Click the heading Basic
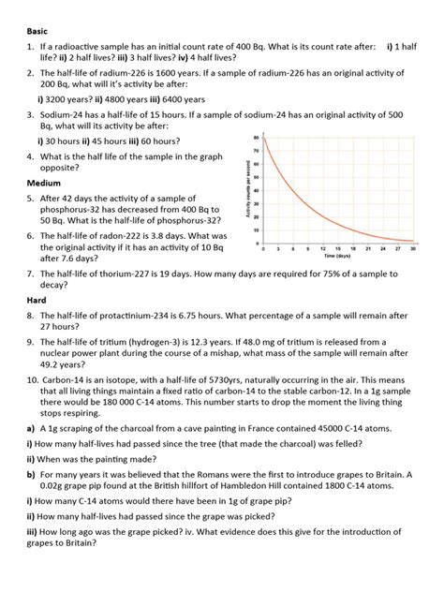tap(37, 30)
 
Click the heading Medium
tap(44, 183)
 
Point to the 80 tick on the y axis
tap(256, 139)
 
